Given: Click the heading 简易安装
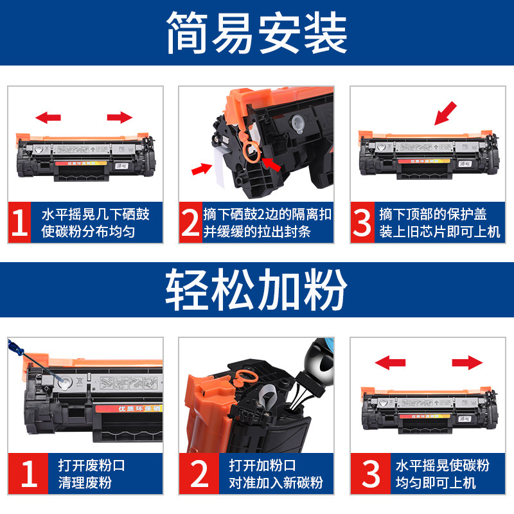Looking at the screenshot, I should tap(257, 33).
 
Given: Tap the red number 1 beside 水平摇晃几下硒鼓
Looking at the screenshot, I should tap(19, 222).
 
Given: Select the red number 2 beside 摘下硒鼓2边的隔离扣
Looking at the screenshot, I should tap(190, 222).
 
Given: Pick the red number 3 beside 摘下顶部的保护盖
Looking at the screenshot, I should tap(362, 222).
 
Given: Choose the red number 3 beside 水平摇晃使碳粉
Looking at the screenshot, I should tap(371, 475).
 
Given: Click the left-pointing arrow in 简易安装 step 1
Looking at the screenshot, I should tap(48, 117).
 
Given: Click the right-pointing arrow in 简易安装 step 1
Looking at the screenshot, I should tap(120, 117).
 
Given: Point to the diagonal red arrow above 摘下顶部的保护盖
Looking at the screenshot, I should tap(446, 113).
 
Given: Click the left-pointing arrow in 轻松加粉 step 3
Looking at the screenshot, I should tap(390, 363).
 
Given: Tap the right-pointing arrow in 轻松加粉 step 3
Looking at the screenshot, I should tap(466, 363).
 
